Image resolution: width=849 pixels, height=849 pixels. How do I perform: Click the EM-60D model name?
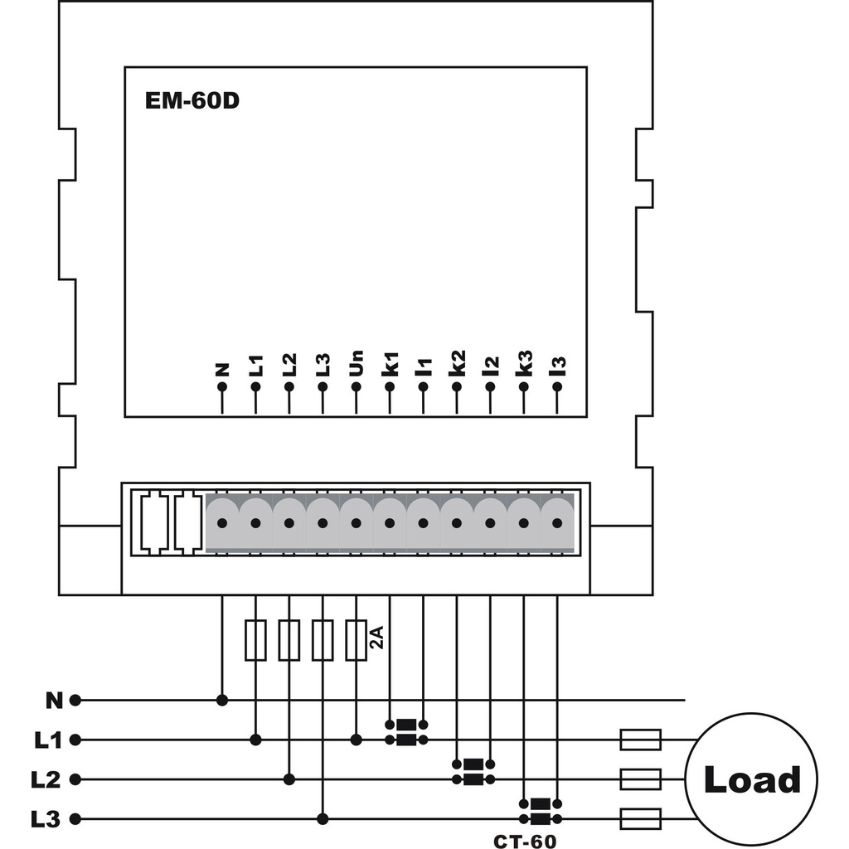click(192, 102)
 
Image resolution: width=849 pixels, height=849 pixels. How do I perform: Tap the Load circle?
click(751, 779)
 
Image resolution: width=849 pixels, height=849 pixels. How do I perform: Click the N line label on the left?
click(54, 701)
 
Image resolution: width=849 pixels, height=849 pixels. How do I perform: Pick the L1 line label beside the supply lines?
click(48, 740)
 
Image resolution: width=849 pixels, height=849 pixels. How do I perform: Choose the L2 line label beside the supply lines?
click(48, 779)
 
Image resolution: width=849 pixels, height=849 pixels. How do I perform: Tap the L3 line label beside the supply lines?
click(48, 820)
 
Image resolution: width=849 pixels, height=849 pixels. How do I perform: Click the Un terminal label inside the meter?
click(356, 365)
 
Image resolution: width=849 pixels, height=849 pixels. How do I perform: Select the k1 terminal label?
click(390, 365)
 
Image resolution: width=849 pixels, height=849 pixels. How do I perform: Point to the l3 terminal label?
click(557, 365)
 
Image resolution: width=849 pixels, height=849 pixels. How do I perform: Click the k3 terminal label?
click(523, 365)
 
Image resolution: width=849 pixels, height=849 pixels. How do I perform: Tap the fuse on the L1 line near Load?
click(641, 740)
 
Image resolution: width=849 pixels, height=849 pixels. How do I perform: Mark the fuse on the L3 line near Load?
click(641, 820)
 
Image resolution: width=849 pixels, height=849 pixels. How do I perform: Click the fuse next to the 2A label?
click(356, 640)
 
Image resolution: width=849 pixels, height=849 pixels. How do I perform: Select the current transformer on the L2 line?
click(473, 771)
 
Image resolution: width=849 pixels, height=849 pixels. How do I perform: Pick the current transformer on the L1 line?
click(406, 732)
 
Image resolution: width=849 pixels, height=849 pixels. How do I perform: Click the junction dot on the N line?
click(222, 701)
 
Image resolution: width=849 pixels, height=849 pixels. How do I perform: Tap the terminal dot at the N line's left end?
click(75, 701)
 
